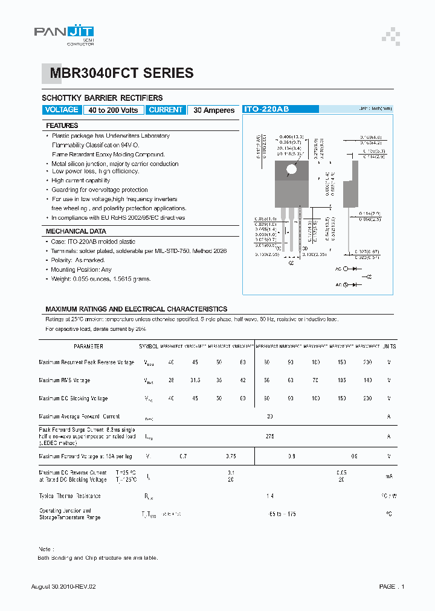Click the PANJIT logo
[64, 34]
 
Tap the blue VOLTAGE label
[62, 110]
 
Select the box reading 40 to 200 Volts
[113, 110]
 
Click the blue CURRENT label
[166, 110]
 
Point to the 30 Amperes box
[214, 110]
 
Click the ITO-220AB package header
[266, 109]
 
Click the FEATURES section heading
[62, 126]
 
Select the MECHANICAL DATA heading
[76, 231]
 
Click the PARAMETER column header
[88, 347]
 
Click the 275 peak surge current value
[269, 435]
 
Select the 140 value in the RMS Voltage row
[367, 380]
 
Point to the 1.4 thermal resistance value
[269, 496]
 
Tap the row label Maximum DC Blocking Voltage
[73, 398]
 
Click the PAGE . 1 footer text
[391, 586]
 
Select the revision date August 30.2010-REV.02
[63, 586]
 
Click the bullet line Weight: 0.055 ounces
[101, 279]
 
